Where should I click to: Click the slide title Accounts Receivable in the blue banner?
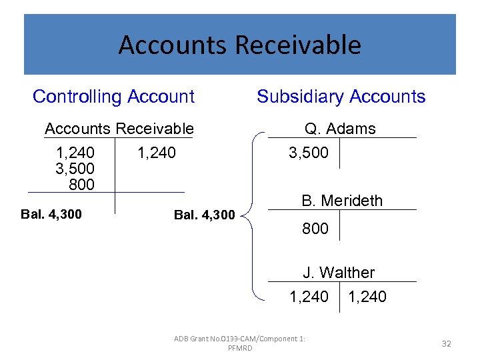[239, 45]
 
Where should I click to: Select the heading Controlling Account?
[113, 97]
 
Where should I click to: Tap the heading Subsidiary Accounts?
[341, 97]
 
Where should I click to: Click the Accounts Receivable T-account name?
[119, 129]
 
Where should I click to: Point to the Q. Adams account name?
[340, 129]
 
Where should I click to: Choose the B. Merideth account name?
[342, 201]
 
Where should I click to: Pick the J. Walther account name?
[339, 273]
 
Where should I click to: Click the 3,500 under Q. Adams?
[308, 153]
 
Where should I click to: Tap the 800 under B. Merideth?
[315, 229]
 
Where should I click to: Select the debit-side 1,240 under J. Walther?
[308, 297]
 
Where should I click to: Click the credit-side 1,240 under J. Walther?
[367, 297]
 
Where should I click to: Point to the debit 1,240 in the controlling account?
[75, 153]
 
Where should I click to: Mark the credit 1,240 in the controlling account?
[156, 153]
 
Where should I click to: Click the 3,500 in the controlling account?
[75, 169]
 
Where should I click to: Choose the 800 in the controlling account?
[81, 184]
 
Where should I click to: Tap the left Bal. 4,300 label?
[51, 214]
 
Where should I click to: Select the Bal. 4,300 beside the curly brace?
[204, 215]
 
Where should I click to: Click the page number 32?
[446, 343]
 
